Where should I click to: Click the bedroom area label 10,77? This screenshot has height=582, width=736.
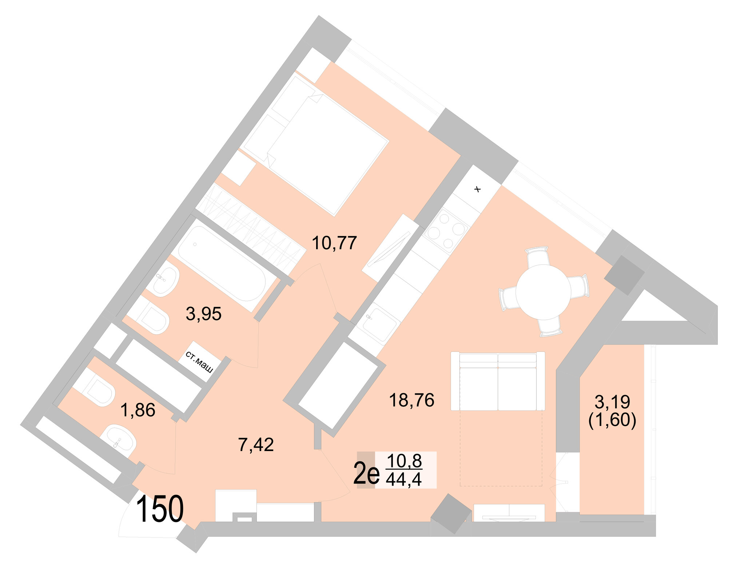tap(334, 243)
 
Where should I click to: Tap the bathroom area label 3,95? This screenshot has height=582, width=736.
tap(203, 314)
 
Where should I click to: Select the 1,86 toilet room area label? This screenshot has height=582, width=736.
tap(138, 410)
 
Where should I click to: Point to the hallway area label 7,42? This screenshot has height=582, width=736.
tap(256, 445)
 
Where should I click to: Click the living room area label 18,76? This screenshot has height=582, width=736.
tap(411, 400)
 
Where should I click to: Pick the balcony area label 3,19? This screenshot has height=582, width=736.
tap(612, 402)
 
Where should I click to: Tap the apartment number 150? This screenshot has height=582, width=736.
tap(160, 510)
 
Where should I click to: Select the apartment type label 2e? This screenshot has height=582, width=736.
tap(366, 474)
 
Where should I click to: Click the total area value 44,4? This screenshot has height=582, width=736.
tap(404, 480)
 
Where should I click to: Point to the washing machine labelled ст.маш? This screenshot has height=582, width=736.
tap(200, 362)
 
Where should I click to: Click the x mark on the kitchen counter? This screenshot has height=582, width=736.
tap(478, 189)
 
